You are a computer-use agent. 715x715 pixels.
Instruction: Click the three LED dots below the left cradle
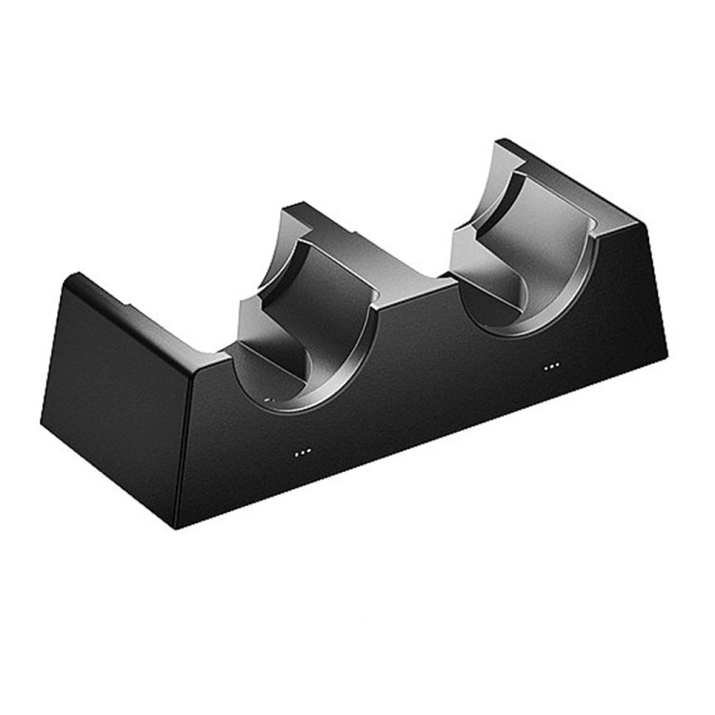pos(302,452)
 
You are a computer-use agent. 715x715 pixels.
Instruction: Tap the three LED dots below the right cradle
pos(551,366)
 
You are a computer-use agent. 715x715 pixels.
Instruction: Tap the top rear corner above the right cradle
pos(500,142)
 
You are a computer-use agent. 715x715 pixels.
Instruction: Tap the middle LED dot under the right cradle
pos(551,366)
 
